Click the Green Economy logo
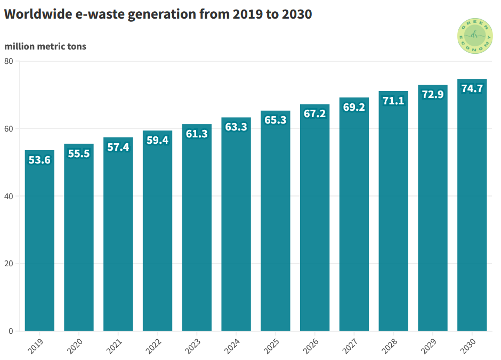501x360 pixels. [475, 36]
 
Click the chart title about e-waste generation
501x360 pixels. [158, 14]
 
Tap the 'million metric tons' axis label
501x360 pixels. [45, 46]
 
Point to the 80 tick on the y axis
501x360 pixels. [9, 61]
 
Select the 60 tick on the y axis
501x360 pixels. [9, 129]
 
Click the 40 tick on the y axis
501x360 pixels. [9, 197]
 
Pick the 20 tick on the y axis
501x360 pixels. [9, 264]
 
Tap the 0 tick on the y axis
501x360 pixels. [11, 331]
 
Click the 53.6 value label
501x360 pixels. [39, 160]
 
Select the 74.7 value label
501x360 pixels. [472, 88]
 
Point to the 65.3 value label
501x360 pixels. [276, 120]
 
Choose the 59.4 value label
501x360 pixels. [157, 141]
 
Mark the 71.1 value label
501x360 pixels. [393, 101]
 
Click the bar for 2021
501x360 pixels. [118, 240]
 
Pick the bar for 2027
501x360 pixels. [354, 224]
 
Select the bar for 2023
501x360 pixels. [197, 234]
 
